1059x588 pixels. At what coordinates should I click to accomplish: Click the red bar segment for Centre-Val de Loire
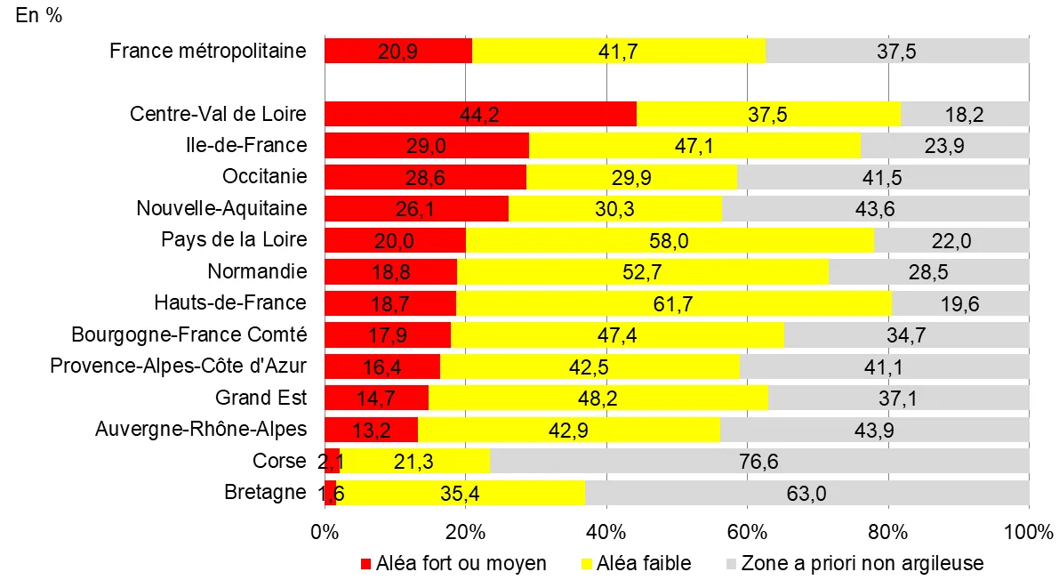pyautogui.click(x=480, y=114)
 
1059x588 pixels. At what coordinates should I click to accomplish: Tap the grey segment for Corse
pyautogui.click(x=758, y=461)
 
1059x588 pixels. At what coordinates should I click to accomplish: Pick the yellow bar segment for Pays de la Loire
pyautogui.click(x=670, y=240)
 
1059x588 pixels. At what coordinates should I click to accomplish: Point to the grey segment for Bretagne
pyautogui.click(x=806, y=493)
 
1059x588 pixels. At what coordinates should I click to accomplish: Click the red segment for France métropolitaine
pyautogui.click(x=397, y=51)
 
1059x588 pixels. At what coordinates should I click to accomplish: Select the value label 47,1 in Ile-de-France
pyautogui.click(x=694, y=146)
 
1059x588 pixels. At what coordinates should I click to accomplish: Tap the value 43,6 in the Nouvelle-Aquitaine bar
pyautogui.click(x=875, y=209)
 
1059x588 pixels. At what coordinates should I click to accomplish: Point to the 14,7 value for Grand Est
pyautogui.click(x=376, y=398)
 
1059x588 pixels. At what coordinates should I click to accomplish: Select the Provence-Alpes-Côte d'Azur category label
pyautogui.click(x=179, y=366)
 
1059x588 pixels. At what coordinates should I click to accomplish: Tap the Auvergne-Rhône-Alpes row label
pyautogui.click(x=201, y=429)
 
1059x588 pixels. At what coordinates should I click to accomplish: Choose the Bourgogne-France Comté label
pyautogui.click(x=189, y=334)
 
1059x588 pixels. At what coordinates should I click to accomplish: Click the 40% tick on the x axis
pyautogui.click(x=606, y=533)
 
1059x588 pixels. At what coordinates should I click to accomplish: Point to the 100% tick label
pyautogui.click(x=1029, y=533)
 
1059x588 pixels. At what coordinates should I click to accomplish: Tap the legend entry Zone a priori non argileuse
pyautogui.click(x=862, y=564)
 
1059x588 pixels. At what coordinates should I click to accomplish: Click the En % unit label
pyautogui.click(x=39, y=17)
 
